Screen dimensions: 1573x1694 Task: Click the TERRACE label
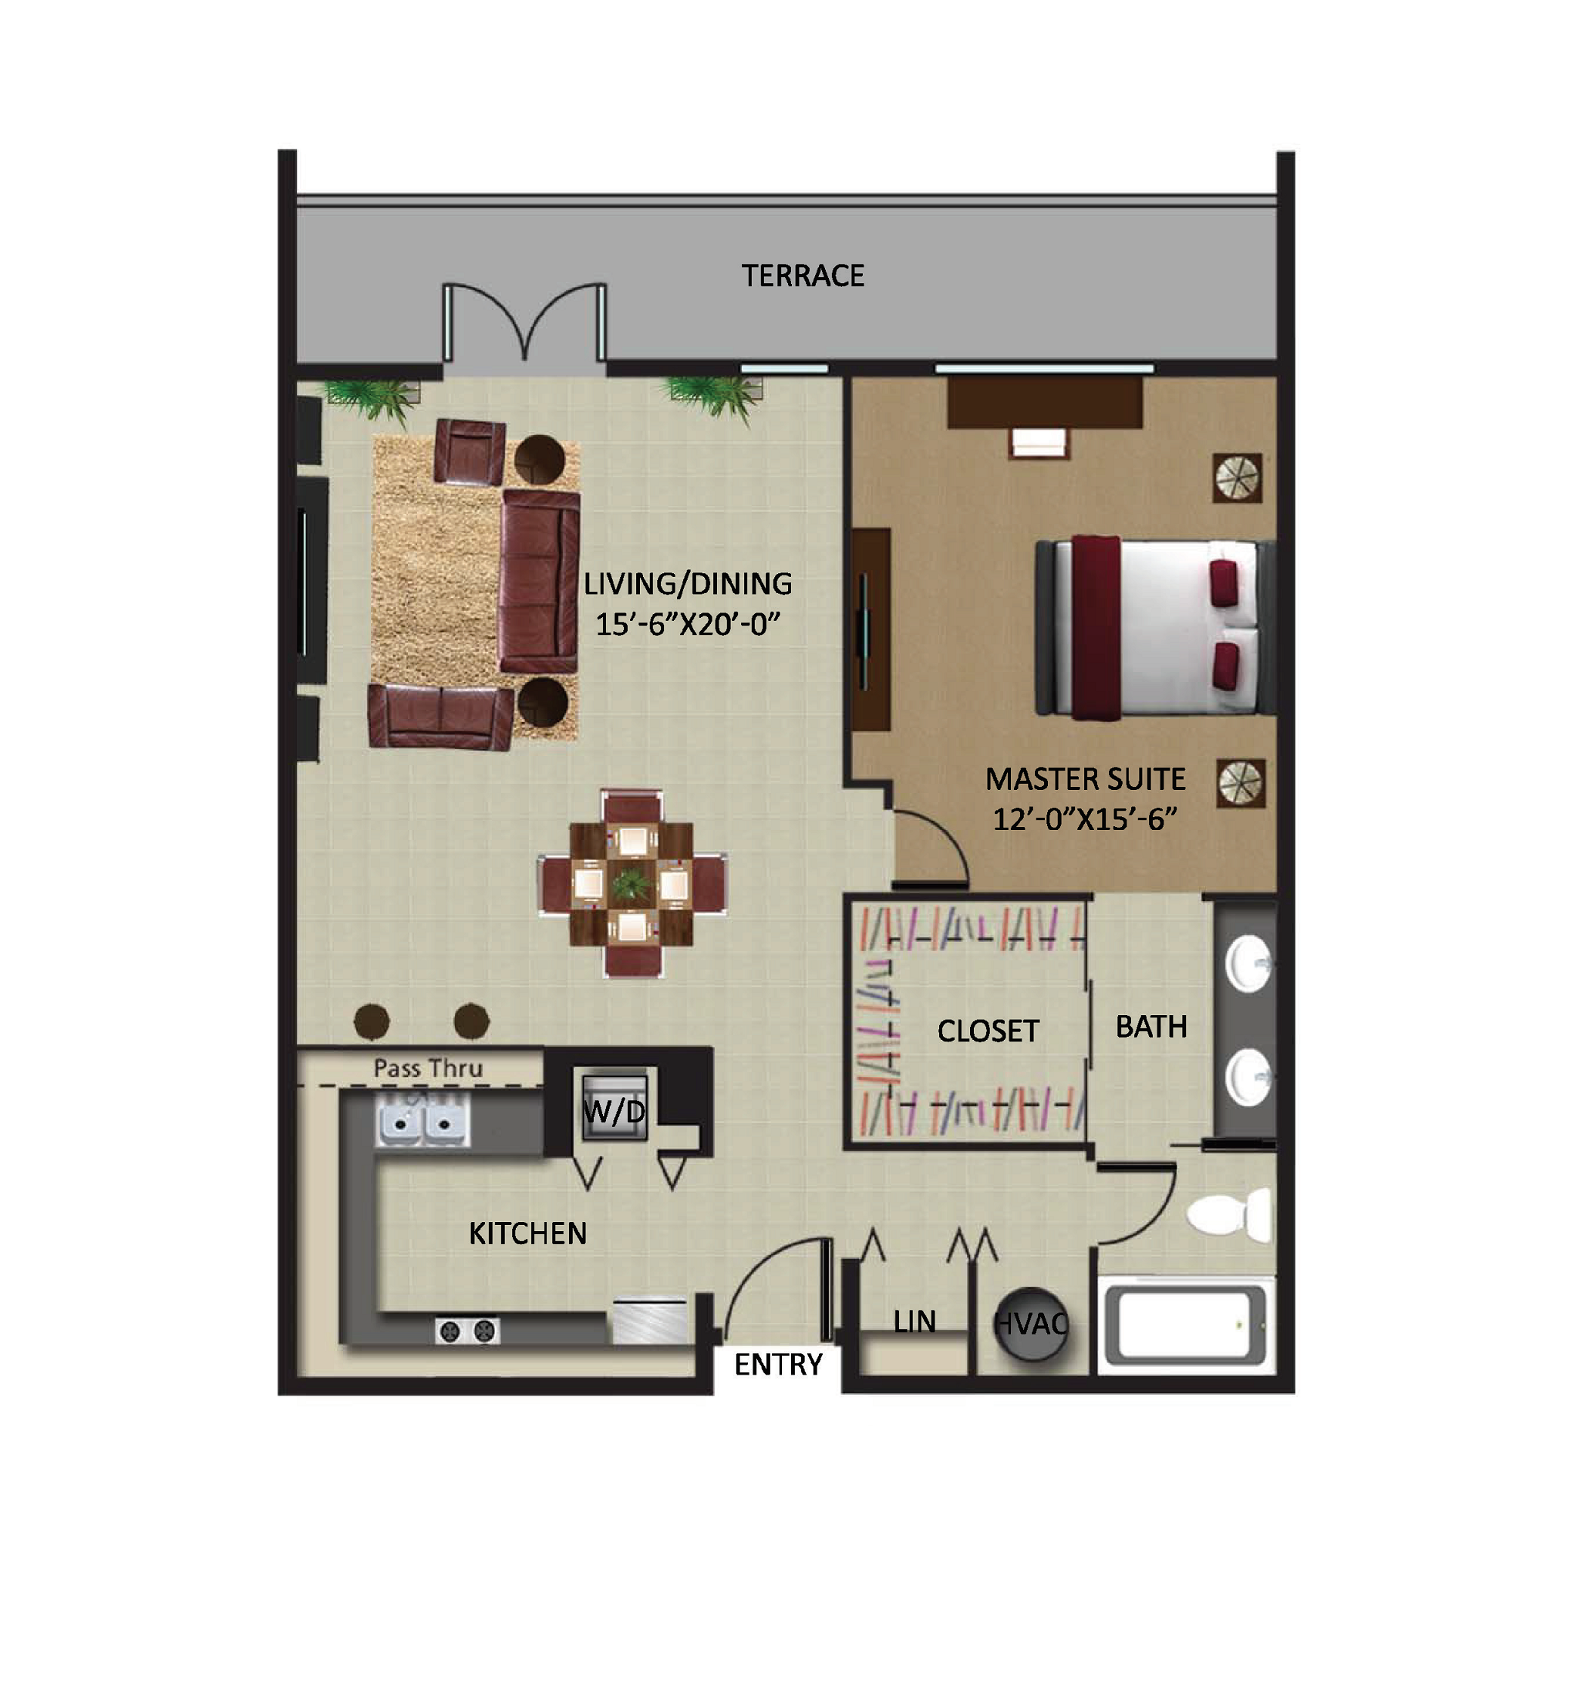(x=803, y=276)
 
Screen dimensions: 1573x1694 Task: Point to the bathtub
(x=1186, y=1325)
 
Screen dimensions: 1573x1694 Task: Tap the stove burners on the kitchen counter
(x=467, y=1331)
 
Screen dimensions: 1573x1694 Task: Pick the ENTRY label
(x=778, y=1365)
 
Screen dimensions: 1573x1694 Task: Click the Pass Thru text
(x=428, y=1068)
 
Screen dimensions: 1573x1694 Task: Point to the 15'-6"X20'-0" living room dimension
(x=688, y=624)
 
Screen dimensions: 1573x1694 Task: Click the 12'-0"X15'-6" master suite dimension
(x=1084, y=819)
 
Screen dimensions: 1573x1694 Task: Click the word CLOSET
(x=989, y=1031)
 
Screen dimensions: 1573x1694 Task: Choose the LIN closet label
(x=915, y=1322)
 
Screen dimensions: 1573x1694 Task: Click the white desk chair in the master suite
(x=1039, y=443)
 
